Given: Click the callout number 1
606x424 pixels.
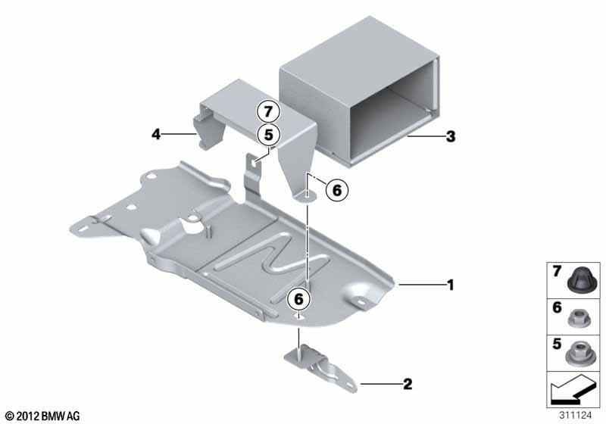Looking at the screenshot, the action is tap(450, 285).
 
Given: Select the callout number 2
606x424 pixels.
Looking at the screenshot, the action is tap(408, 384).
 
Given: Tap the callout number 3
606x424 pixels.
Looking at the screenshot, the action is tap(451, 136).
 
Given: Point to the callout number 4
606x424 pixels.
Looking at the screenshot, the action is tap(156, 134).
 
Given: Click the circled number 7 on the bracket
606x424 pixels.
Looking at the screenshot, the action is tap(269, 112).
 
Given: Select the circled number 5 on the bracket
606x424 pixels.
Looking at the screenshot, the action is tap(269, 135).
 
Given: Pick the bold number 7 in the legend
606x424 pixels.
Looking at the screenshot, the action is tap(557, 272).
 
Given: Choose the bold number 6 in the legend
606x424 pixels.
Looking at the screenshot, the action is tap(557, 307).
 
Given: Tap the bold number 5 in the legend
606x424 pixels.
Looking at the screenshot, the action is tap(557, 344).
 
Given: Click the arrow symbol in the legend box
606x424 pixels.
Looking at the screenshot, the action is tap(573, 390).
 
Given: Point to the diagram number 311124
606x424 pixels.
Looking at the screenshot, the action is tap(575, 416).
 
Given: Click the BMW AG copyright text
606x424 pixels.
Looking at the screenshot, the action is tap(42, 416).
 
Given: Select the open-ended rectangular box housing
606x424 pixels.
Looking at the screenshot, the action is tap(358, 91).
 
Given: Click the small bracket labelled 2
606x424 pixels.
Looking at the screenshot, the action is tap(320, 369).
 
